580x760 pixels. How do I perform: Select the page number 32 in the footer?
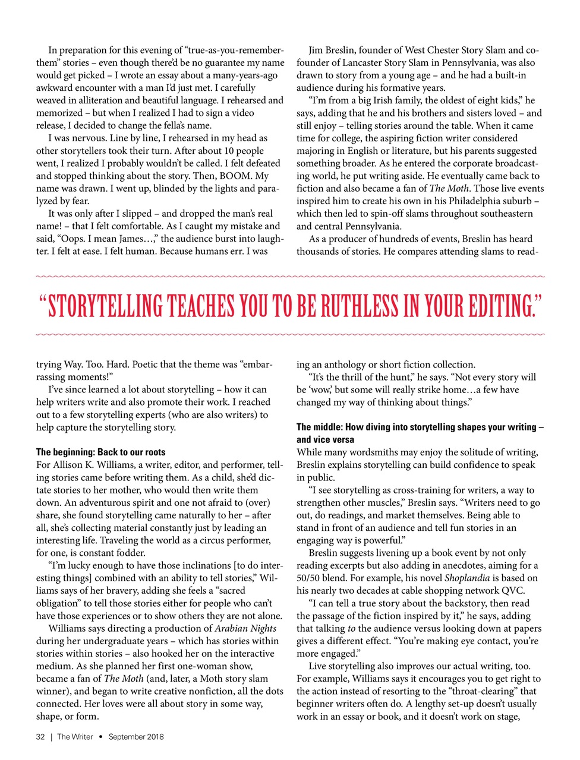pyautogui.click(x=40, y=737)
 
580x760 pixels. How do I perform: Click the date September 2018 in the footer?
pyautogui.click(x=136, y=737)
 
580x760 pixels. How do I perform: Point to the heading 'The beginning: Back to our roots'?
pyautogui.click(x=101, y=452)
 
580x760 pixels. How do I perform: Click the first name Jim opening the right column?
pyautogui.click(x=317, y=50)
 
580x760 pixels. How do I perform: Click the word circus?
pyautogui.click(x=196, y=540)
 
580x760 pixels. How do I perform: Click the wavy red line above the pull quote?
pyautogui.click(x=290, y=277)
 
